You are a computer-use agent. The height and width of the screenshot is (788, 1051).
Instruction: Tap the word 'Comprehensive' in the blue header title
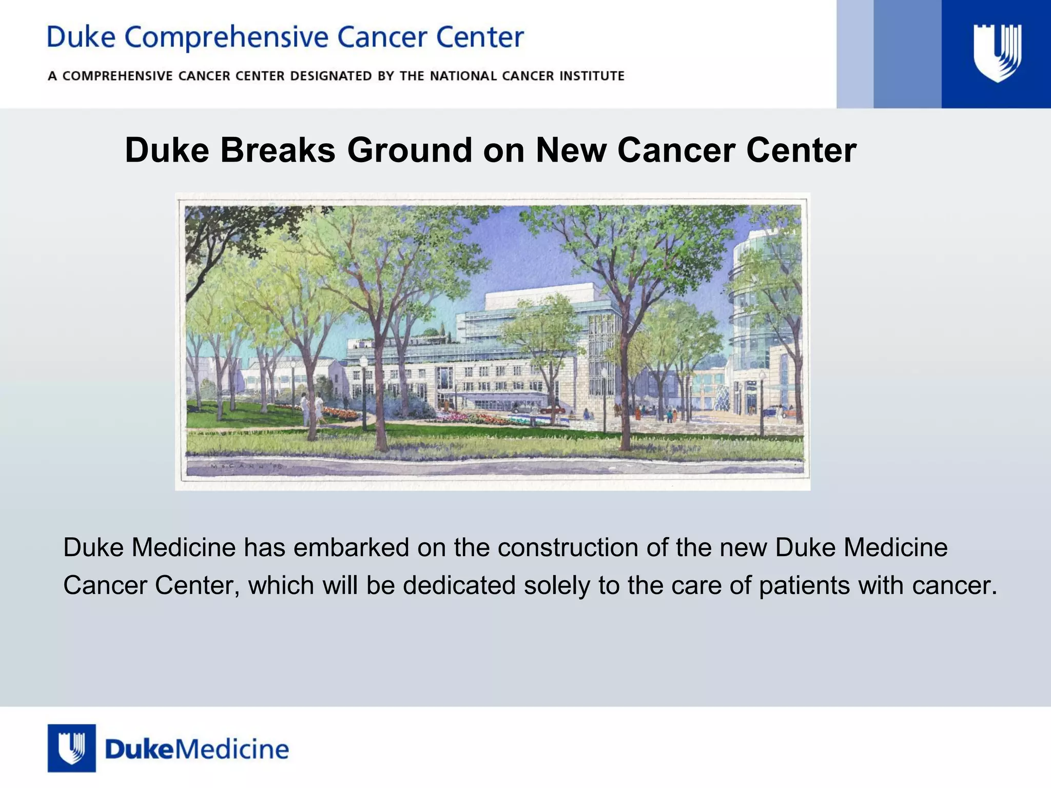[226, 38]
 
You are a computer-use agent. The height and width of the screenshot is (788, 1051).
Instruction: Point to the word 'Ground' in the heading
[410, 150]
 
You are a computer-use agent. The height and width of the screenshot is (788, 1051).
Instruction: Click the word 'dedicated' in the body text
[459, 585]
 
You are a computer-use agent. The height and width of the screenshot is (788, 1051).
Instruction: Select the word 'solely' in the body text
[557, 585]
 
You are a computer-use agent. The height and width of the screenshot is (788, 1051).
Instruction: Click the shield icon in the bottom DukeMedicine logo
[71, 748]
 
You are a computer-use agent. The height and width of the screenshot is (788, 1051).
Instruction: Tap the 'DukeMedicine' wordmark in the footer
[197, 750]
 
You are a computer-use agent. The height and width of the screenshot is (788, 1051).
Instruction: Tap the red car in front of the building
[552, 410]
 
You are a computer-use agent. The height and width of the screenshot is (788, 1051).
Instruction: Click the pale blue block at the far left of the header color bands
[855, 54]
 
